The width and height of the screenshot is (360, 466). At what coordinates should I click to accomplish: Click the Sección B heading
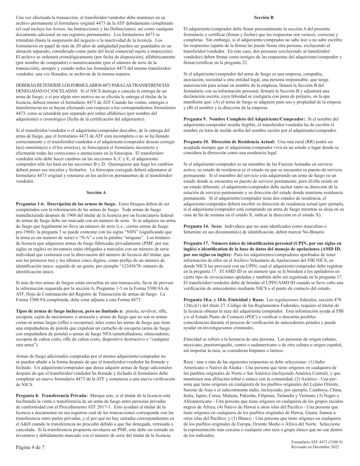pyautogui.click(x=266, y=17)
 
